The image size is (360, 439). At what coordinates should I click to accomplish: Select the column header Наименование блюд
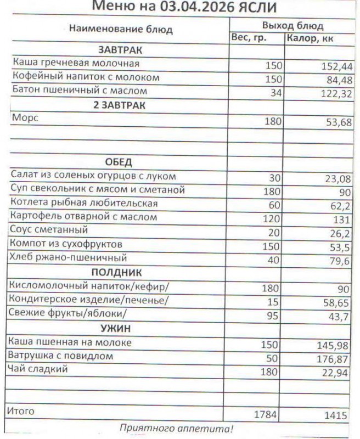tap(120, 29)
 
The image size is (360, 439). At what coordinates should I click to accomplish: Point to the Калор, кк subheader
tap(310, 38)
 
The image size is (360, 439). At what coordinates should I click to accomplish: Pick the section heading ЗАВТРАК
tap(120, 50)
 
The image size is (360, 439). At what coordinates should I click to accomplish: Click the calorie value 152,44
tap(336, 66)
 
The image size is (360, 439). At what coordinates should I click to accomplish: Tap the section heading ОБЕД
tap(119, 162)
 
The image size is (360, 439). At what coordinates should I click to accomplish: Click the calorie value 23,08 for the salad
tap(336, 178)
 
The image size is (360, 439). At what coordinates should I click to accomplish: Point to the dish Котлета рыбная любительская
tap(84, 204)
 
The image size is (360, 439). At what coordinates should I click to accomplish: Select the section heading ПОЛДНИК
tap(117, 272)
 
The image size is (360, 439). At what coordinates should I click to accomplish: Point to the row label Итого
tap(20, 410)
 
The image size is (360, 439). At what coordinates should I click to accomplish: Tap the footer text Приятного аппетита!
tap(176, 428)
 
